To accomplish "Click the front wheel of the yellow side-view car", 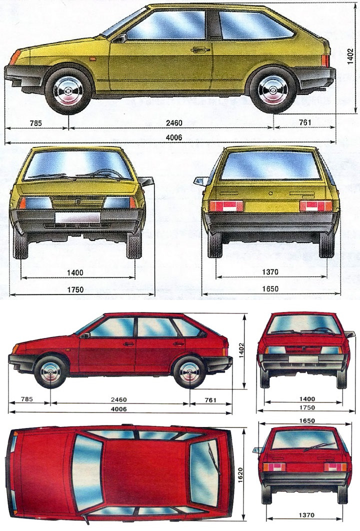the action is (x=68, y=90).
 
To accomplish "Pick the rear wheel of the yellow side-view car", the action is (x=273, y=91).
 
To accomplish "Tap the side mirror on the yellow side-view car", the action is (x=119, y=38).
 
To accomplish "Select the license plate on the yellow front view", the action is (x=77, y=217).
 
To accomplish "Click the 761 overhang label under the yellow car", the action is (x=304, y=122).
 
